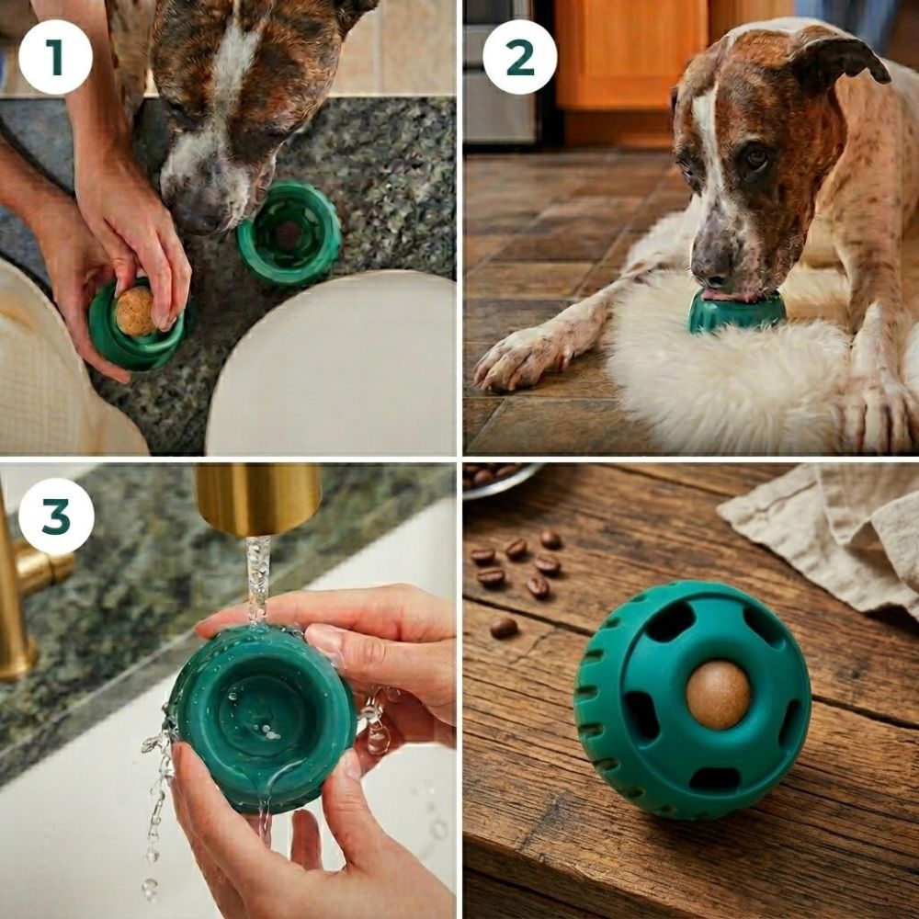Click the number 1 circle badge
[x=56, y=57]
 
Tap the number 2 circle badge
[x=519, y=57]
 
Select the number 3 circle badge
[x=56, y=516]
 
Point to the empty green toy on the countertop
[x=289, y=233]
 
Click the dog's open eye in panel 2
[x=756, y=156]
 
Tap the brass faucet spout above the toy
[x=258, y=499]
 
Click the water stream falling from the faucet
[x=258, y=580]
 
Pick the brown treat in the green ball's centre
[x=718, y=696]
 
